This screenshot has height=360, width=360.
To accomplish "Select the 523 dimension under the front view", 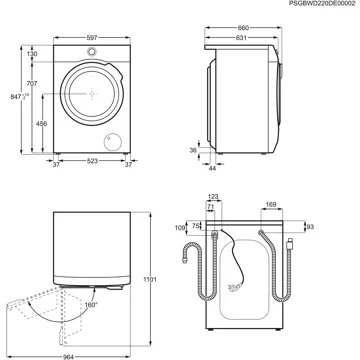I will pyautogui.click(x=92, y=160).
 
